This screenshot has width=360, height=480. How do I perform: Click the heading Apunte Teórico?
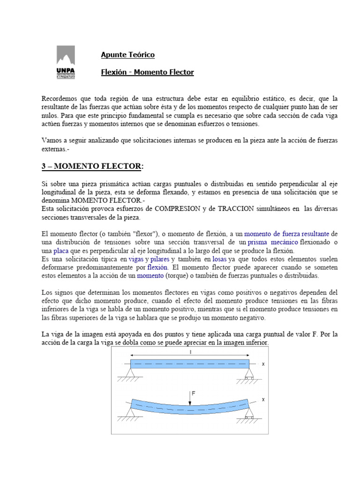[x=127, y=55]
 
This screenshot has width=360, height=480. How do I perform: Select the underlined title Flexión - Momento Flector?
[x=147, y=72]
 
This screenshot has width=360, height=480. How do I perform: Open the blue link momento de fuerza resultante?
[x=287, y=233]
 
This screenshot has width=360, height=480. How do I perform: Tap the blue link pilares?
[x=160, y=259]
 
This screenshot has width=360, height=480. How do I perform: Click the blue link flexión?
[x=157, y=267]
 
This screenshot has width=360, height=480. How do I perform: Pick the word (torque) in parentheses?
[x=172, y=276]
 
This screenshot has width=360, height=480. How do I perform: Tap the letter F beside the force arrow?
[x=194, y=394]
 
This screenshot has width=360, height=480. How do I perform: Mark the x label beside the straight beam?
[x=263, y=363]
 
